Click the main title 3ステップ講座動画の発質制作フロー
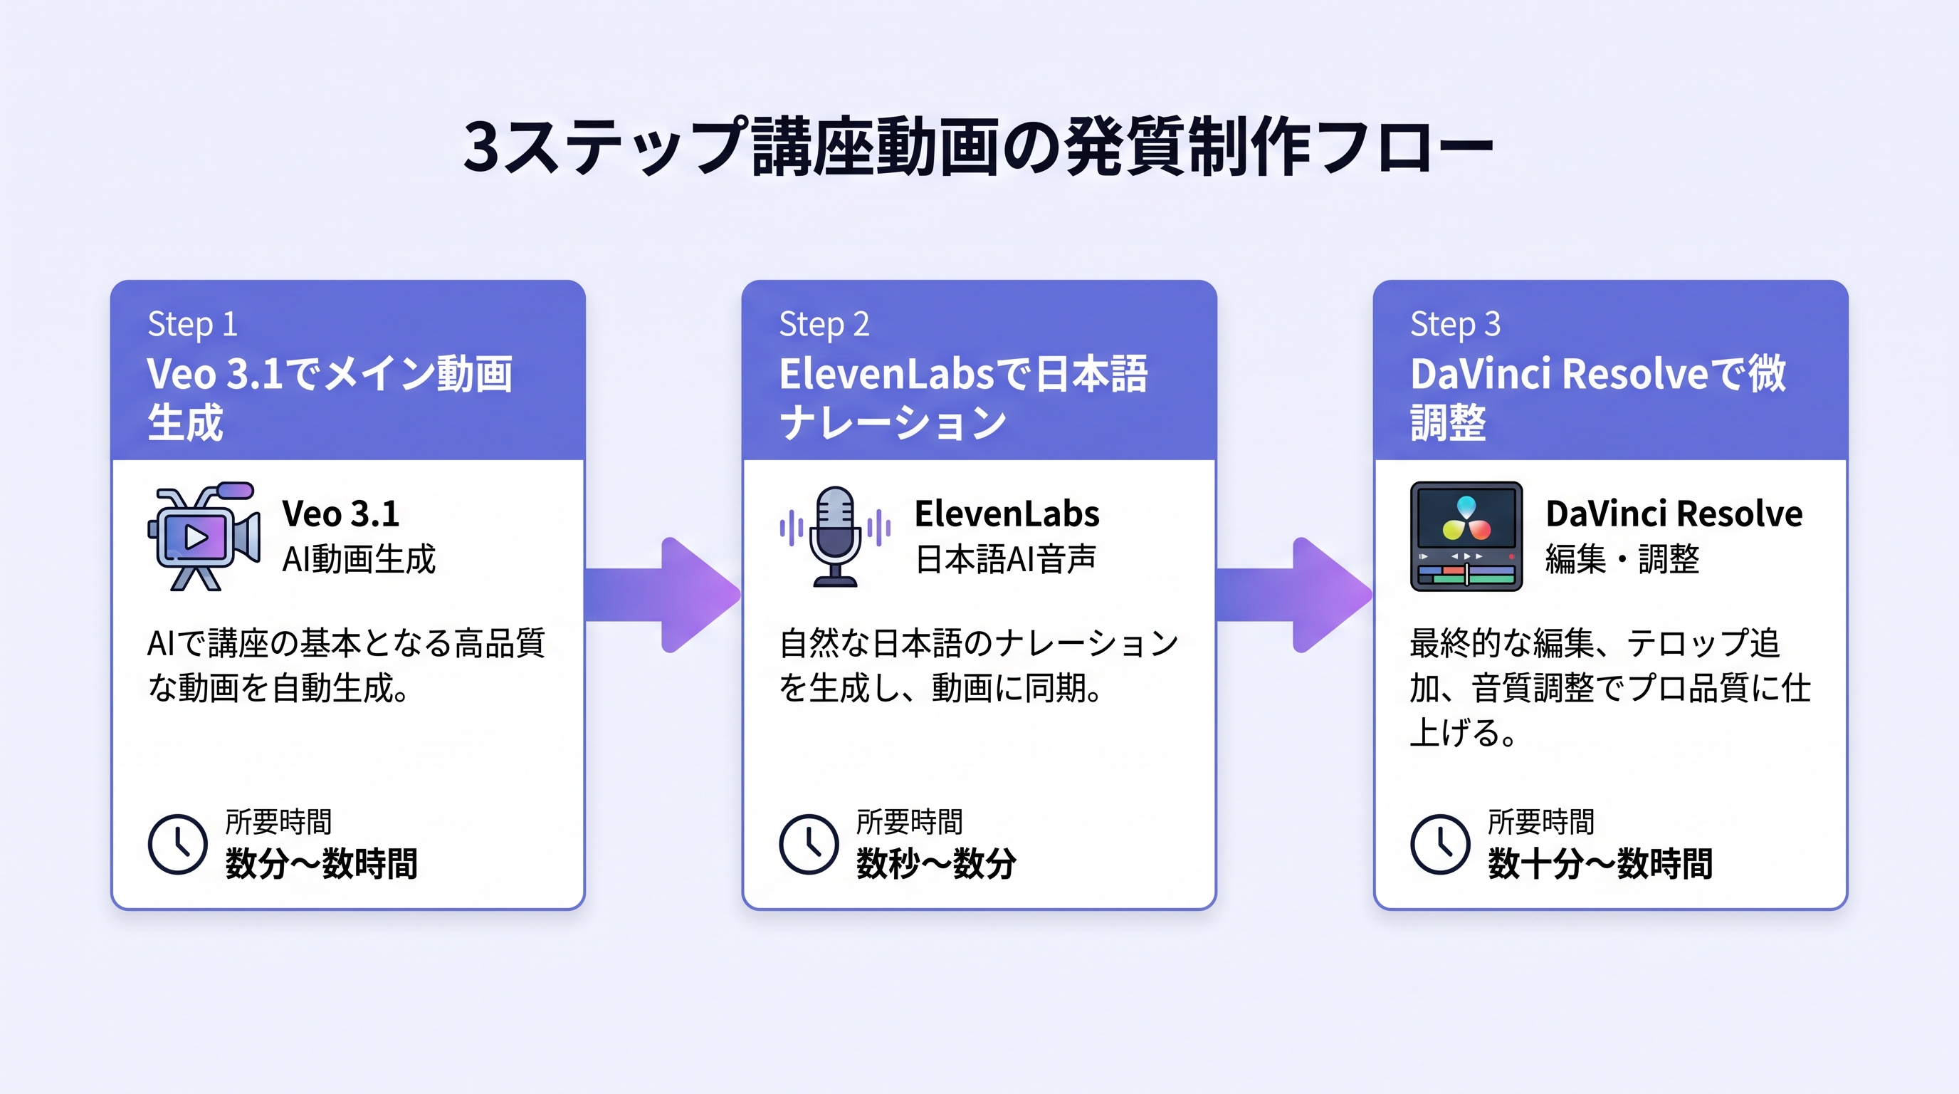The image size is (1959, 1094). coord(978,146)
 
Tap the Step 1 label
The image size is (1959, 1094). coord(192,324)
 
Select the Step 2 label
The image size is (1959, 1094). coord(824,324)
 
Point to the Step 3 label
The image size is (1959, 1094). coord(1455,324)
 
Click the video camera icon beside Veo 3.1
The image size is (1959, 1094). coord(203,536)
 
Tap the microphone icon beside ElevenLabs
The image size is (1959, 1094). coord(835,536)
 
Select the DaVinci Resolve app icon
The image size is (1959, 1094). coord(1466,536)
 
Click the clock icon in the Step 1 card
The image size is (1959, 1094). coord(177,844)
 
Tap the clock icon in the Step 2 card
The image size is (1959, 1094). coord(809,844)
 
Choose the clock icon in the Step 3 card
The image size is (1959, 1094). coord(1439,844)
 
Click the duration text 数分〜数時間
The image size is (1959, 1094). coord(321,863)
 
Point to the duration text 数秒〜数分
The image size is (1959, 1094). coord(935,863)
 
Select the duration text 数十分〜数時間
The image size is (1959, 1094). coord(1600,863)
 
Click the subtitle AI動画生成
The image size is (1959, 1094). coord(358,559)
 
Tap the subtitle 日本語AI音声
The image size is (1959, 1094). coord(1005,559)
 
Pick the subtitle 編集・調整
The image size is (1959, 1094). coord(1622,559)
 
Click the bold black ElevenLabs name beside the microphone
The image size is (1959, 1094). coord(1006,514)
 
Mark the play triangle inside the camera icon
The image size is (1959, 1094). coord(196,538)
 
